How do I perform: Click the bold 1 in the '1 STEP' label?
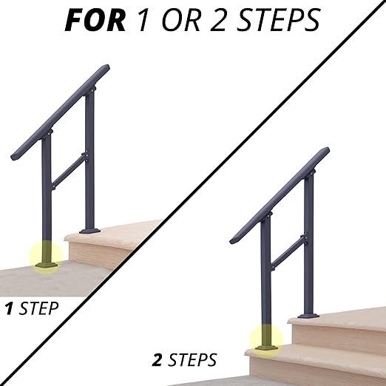pyautogui.click(x=10, y=308)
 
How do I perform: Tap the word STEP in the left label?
pyautogui.click(x=37, y=308)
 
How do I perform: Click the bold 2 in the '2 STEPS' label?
pyautogui.click(x=158, y=361)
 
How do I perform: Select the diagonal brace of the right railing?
pyautogui.click(x=287, y=254)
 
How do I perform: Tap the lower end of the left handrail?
pyautogui.click(x=17, y=158)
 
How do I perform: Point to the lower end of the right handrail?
pyautogui.click(x=234, y=240)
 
